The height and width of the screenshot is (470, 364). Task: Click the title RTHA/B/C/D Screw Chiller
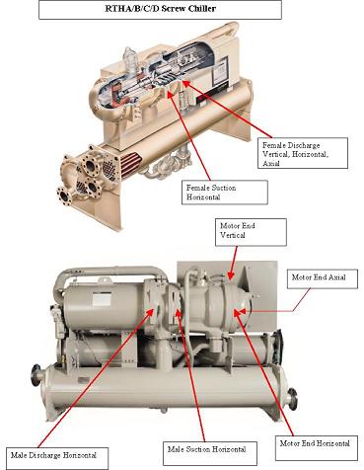pos(160,9)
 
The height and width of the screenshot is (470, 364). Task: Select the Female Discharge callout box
pos(303,153)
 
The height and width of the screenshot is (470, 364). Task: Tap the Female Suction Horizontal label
pos(225,193)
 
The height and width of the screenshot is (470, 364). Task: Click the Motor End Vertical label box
pos(251,232)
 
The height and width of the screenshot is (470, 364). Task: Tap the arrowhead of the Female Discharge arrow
pos(185,83)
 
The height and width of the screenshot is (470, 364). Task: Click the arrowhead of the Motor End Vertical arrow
pos(230,276)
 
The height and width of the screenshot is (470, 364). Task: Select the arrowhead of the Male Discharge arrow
pos(152,311)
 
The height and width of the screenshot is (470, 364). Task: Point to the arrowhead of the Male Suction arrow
pos(178,312)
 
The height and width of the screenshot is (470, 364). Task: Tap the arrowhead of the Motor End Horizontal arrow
pos(237,312)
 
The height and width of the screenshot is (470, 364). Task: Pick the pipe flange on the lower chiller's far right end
pos(292,399)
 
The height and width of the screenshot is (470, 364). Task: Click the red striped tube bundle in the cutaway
pos(131,163)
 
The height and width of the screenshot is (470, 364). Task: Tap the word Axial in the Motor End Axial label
pos(337,277)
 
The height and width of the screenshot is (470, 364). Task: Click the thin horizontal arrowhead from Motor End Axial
pos(243,311)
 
